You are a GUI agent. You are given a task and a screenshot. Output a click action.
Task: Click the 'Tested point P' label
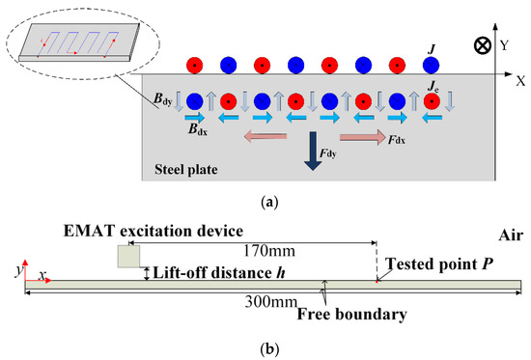(432, 263)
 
